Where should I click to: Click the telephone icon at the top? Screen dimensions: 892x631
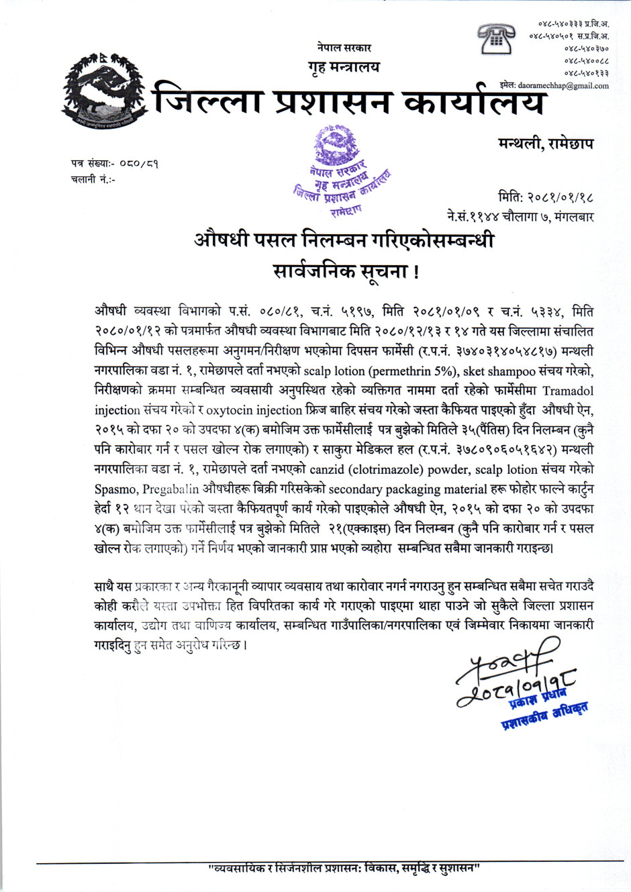pos(497,38)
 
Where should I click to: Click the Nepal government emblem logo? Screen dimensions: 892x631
pos(99,91)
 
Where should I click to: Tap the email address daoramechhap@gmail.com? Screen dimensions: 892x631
pos(563,86)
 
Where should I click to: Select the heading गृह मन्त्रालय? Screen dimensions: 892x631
pos(344,67)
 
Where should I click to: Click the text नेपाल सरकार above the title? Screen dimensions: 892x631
pos(344,48)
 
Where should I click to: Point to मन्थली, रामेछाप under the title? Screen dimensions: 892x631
pos(545,144)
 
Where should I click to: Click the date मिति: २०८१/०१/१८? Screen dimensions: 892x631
pos(546,197)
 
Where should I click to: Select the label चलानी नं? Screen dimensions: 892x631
pos(92,179)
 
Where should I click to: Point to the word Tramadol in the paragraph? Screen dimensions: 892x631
pos(568,391)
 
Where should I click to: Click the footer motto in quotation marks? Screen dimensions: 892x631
pos(344,869)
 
